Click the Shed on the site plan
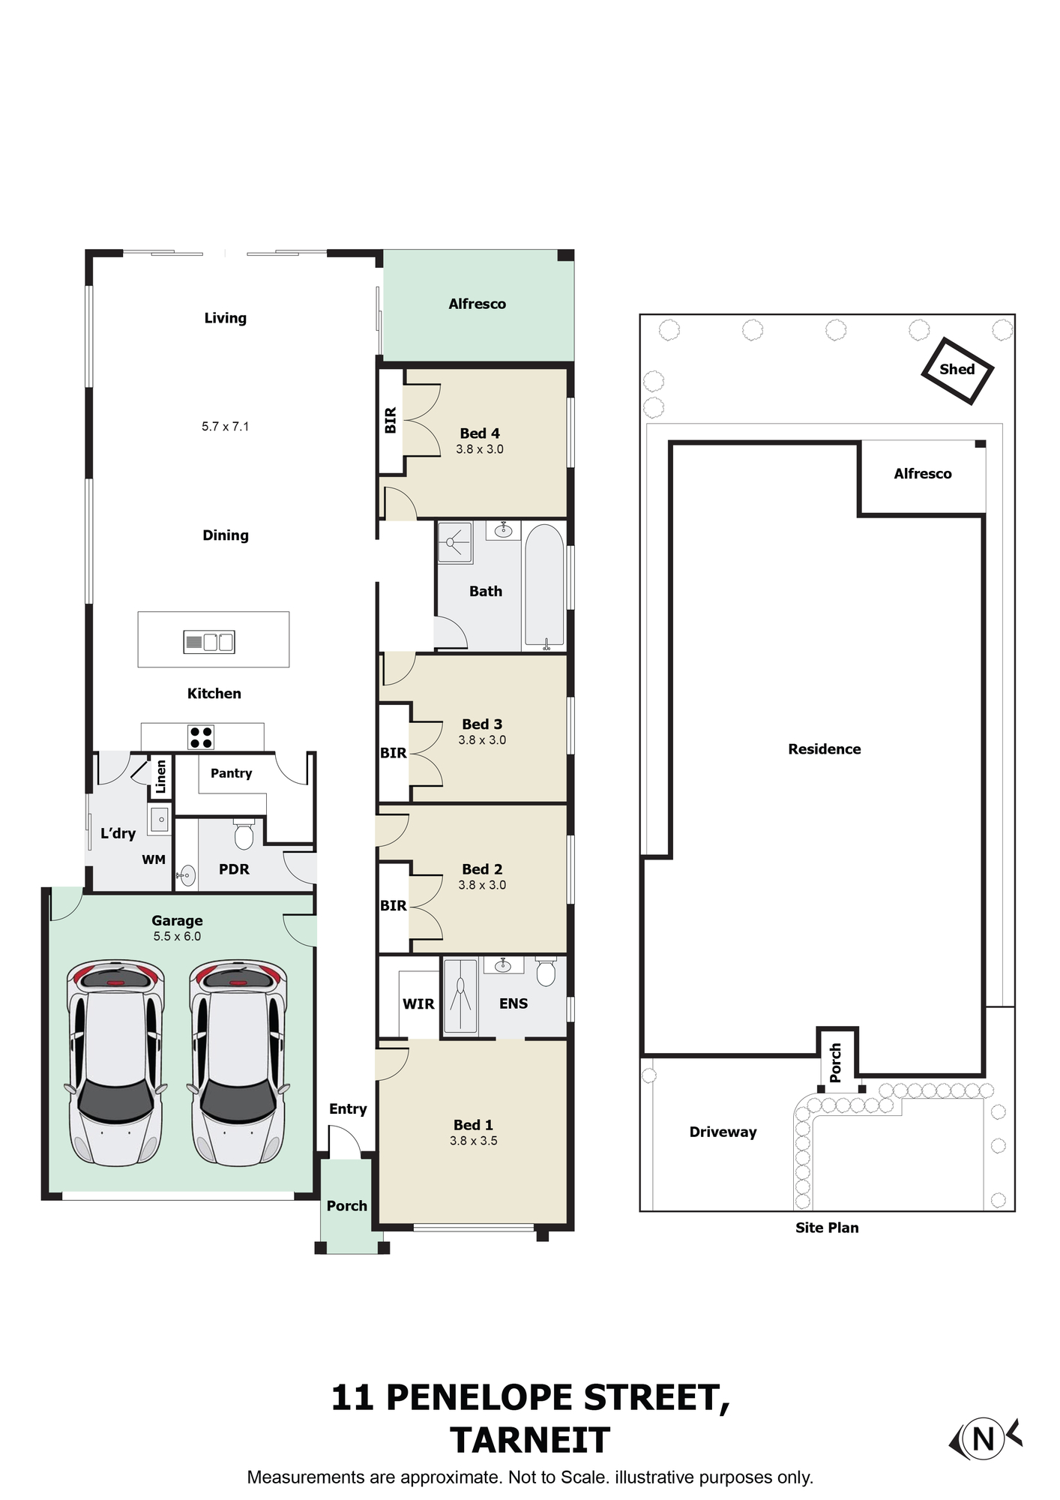click(x=957, y=370)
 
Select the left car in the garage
click(x=115, y=1063)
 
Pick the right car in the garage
click(x=238, y=1063)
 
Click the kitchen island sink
click(x=209, y=642)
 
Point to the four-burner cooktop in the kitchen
click(x=201, y=737)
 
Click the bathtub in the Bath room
click(x=544, y=586)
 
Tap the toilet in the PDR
click(x=244, y=834)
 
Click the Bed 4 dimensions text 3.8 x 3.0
click(x=480, y=449)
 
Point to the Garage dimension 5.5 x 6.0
click(x=177, y=936)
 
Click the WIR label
click(x=418, y=1003)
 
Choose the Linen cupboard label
click(x=160, y=776)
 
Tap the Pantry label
click(x=231, y=773)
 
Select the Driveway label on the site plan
click(x=723, y=1132)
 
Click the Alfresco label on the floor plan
click(x=477, y=304)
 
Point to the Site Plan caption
click(x=827, y=1227)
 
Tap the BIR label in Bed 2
click(x=394, y=905)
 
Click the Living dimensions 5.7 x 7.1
click(x=225, y=426)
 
